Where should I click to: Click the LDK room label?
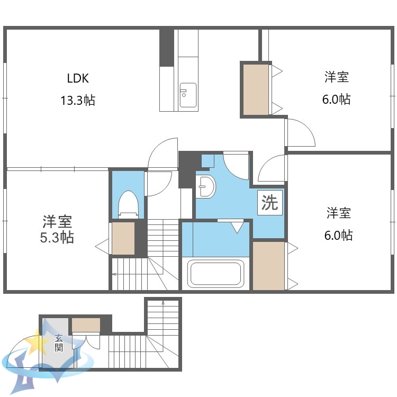pos(78,78)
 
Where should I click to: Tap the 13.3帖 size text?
pos(77,101)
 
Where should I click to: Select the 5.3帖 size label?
pos(57,237)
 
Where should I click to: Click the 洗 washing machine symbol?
pos(270,203)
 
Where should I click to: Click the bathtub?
pos(215,273)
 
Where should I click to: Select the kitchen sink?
pos(188,95)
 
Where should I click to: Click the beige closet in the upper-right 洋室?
pos(256,89)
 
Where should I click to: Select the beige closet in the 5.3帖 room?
pos(123,238)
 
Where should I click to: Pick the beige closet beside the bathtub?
pos(268,265)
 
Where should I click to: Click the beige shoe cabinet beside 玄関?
pos(86,324)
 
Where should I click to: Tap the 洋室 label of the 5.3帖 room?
pos(57,221)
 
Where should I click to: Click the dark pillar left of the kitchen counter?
pos(167,48)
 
